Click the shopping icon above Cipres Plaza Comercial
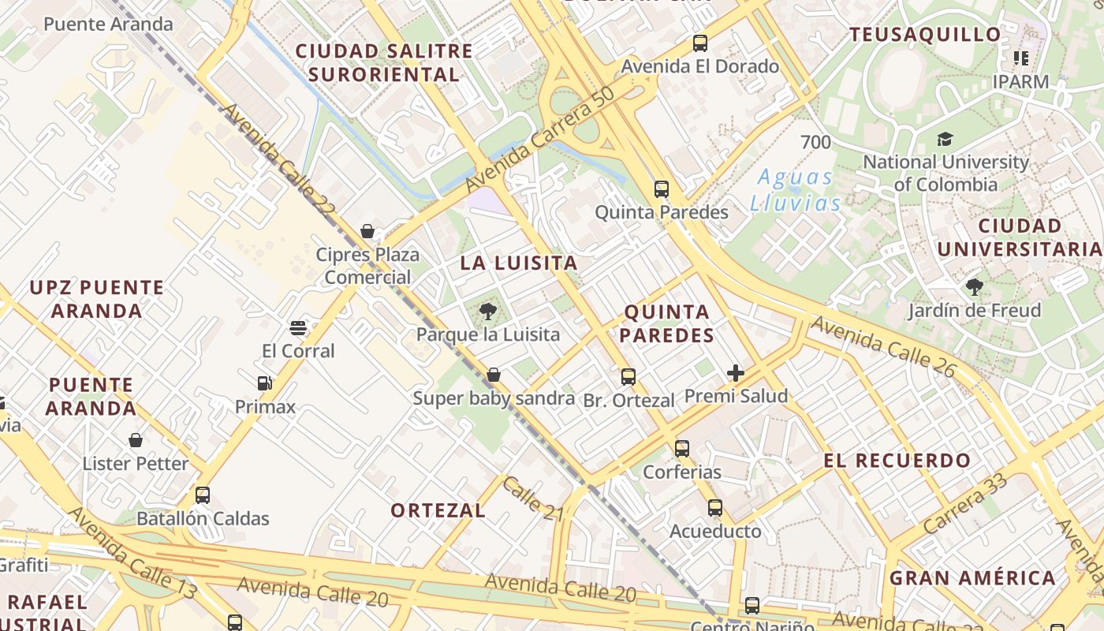coord(367,231)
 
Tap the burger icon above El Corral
coord(298,327)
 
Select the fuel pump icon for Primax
coord(265,383)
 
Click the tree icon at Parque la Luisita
coord(488,311)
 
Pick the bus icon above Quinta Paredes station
coord(662,189)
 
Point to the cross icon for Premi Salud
coord(736,372)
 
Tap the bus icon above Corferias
coord(682,449)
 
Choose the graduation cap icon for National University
coord(945,140)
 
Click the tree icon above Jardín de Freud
coord(975,287)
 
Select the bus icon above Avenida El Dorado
coord(700,43)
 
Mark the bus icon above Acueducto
coord(715,508)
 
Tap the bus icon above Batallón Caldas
coord(203,495)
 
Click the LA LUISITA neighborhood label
coord(519,263)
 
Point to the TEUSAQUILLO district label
coord(925,35)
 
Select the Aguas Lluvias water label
coord(796,190)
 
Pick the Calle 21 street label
coord(533,499)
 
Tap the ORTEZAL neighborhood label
coord(438,510)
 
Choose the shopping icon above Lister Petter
coord(136,440)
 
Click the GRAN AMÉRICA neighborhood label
coord(972,578)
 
